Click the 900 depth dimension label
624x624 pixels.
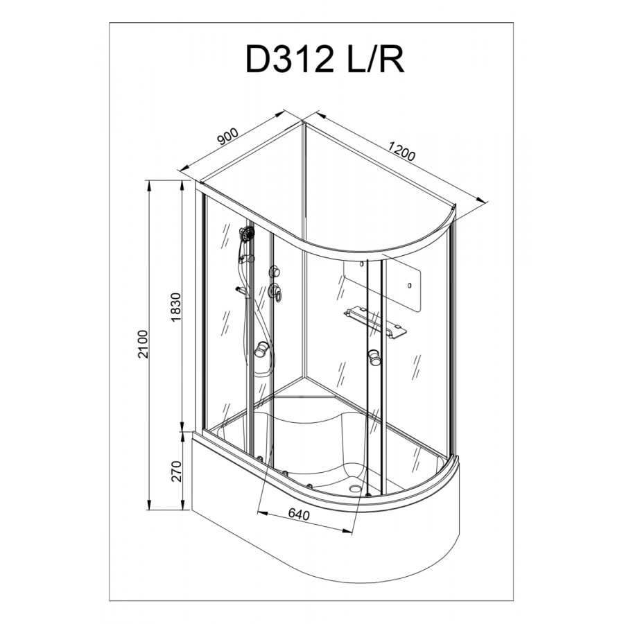[227, 137]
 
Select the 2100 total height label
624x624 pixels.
[143, 344]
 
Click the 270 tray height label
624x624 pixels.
[176, 471]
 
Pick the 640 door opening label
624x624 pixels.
[298, 514]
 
